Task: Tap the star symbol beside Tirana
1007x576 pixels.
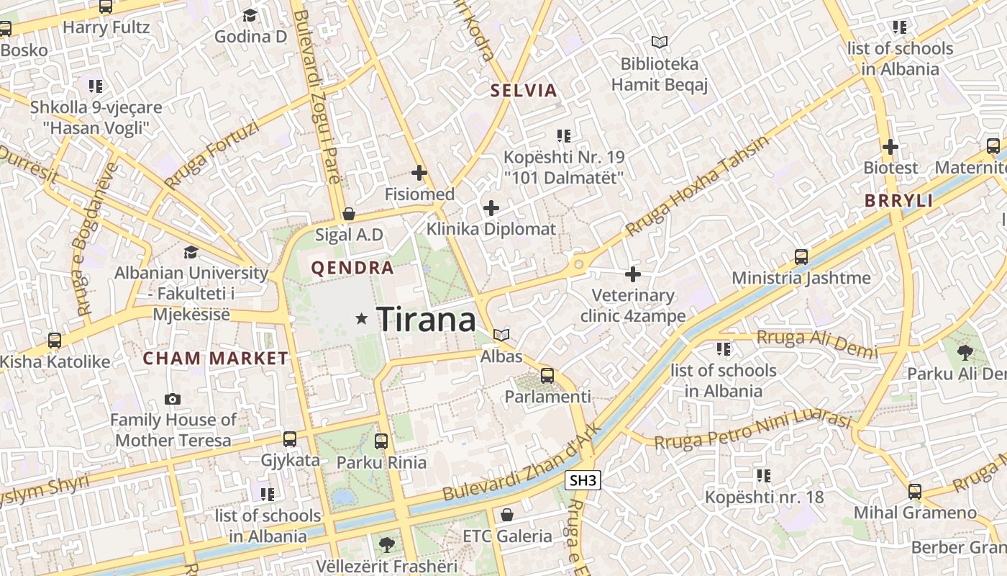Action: click(x=362, y=318)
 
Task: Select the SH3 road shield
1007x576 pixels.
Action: click(x=583, y=480)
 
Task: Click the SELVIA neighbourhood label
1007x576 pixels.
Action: click(x=524, y=91)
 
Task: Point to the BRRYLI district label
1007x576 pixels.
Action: click(x=899, y=201)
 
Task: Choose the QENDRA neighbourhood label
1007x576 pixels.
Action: click(x=352, y=269)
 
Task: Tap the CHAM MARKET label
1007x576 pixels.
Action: click(x=215, y=358)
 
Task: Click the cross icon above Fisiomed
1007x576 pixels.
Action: click(x=419, y=173)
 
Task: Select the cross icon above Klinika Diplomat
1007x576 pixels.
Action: click(x=491, y=208)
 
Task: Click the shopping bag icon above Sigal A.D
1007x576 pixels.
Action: click(x=349, y=214)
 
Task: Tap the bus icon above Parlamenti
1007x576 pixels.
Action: click(x=547, y=375)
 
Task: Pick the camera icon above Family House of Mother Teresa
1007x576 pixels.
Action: click(x=173, y=399)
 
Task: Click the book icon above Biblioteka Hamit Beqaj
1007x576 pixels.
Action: click(x=659, y=42)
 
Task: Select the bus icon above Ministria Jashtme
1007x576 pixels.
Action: click(x=801, y=256)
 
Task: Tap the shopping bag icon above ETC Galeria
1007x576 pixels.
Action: click(x=507, y=515)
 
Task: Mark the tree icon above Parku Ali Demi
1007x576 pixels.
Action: click(x=965, y=352)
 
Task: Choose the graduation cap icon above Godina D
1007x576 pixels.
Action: click(x=250, y=15)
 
